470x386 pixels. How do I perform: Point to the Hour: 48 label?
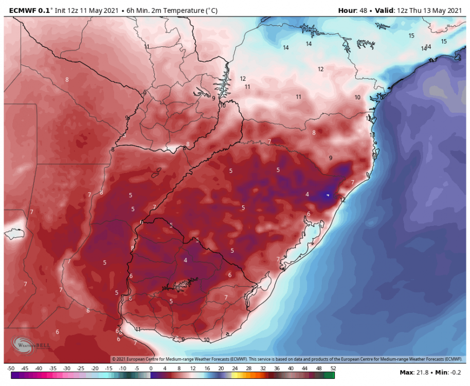[355, 10]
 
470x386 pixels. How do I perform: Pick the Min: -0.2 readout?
[447, 372]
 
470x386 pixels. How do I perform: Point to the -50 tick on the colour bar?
[10, 369]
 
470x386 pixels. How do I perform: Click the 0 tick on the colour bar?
[151, 369]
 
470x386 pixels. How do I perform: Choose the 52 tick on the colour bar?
[333, 369]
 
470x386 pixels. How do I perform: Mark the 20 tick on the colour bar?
[221, 369]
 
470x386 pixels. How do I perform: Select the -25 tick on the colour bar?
[81, 369]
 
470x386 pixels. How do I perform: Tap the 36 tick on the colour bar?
[277, 369]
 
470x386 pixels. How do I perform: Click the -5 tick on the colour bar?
[137, 369]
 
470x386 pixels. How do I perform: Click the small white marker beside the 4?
[328, 195]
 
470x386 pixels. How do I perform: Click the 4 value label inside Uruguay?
[186, 260]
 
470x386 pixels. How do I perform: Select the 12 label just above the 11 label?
[243, 79]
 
